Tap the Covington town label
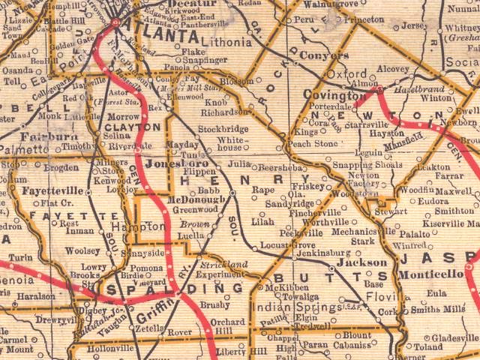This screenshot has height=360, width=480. click(334, 97)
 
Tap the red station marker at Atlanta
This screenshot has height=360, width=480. click(115, 22)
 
